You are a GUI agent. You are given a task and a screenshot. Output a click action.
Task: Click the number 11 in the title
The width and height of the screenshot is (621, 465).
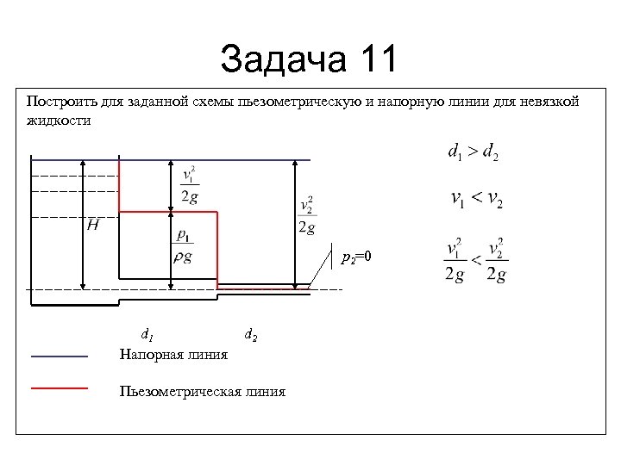373,60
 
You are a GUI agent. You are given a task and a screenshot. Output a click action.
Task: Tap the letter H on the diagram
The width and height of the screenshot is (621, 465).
92,226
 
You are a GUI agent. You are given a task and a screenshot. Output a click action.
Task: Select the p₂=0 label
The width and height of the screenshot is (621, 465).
355,257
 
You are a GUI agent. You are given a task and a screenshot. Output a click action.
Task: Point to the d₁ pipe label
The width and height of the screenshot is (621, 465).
147,334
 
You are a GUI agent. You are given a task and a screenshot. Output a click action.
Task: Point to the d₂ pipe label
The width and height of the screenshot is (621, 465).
250,334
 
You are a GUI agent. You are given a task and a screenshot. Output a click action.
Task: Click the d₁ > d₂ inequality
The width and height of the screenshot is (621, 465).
473,153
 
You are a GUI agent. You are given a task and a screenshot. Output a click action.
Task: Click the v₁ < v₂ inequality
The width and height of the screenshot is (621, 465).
477,200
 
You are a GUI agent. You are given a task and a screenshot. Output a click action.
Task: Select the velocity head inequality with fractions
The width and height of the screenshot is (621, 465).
477,259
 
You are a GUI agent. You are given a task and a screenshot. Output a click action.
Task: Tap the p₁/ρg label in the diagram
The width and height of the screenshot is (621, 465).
184,246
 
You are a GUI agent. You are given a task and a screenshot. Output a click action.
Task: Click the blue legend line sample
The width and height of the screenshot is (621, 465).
60,356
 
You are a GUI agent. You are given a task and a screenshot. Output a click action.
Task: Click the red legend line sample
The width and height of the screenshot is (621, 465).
60,388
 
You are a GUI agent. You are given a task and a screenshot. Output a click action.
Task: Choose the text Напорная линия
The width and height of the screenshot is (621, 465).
173,355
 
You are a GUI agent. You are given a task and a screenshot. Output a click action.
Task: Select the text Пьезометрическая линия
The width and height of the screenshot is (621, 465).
203,392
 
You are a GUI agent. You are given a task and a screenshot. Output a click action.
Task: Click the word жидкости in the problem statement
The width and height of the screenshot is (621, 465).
59,121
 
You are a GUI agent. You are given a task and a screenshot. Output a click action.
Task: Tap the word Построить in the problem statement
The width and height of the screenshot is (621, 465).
56,102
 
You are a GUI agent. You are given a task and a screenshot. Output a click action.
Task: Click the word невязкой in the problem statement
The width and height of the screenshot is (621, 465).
549,102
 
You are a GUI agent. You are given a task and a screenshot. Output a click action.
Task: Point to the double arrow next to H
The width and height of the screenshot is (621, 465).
83,224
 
